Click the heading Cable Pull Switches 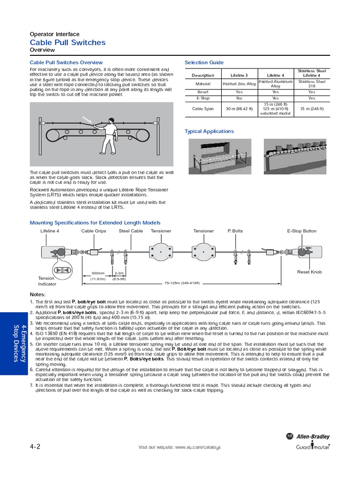point(67,43)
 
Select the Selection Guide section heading point(204,62)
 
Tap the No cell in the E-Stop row point(239,98)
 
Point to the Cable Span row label point(202,109)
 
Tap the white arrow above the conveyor point(87,119)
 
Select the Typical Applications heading point(209,131)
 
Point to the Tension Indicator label point(47,281)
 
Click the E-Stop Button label point(301,231)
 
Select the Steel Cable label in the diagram point(131,231)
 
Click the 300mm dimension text point(98,273)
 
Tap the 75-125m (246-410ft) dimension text point(182,283)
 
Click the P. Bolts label point(235,231)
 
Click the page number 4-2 point(35,447)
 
